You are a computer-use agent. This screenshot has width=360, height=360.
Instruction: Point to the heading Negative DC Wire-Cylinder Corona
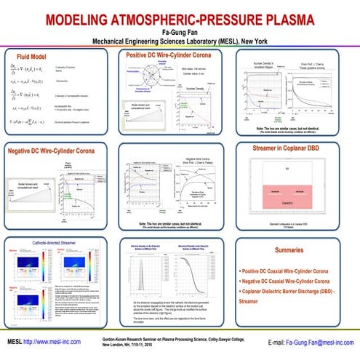click(52, 151)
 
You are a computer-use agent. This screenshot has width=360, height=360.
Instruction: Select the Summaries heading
click(295, 249)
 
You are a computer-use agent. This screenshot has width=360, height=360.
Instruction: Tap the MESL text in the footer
click(14, 341)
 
